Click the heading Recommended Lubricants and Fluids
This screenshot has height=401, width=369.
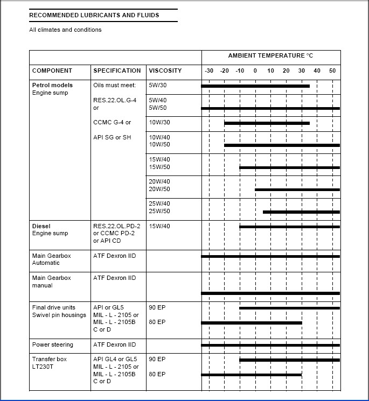94,16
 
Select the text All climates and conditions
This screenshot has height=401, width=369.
65,30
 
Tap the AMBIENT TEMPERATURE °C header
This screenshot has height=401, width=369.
270,56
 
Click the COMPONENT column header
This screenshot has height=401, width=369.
52,71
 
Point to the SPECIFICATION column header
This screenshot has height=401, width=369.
117,71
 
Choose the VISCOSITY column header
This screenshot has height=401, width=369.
165,71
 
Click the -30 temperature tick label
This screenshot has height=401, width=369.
209,71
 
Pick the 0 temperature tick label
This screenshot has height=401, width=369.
255,71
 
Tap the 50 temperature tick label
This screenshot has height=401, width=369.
332,71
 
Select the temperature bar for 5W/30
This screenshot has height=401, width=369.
255,86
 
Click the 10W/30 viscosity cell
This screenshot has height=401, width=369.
159,123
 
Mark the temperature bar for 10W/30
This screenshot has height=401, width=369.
267,123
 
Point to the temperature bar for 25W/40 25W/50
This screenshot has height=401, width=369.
301,212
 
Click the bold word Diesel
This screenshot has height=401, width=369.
41,227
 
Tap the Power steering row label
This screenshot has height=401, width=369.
53,344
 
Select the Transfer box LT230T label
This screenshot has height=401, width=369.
50,363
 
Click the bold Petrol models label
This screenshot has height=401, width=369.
52,85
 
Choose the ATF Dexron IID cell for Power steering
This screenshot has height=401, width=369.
115,344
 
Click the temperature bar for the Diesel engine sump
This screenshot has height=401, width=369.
289,227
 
